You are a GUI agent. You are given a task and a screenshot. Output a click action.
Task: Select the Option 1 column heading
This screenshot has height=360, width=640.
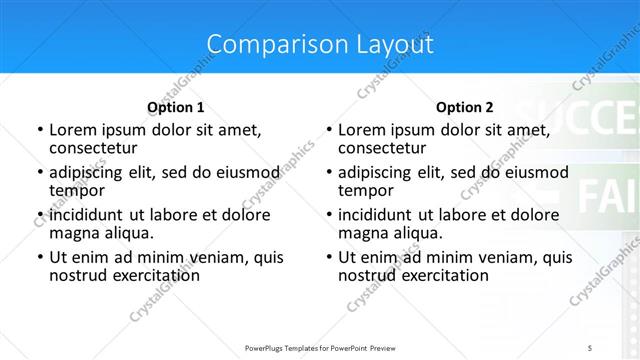coord(176,107)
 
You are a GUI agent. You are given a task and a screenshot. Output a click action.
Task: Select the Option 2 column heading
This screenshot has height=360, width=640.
coord(464,107)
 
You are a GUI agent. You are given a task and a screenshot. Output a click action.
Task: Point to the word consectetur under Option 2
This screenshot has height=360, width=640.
coord(382,148)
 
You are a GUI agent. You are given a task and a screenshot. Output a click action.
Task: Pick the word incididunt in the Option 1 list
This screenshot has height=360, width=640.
coord(89,215)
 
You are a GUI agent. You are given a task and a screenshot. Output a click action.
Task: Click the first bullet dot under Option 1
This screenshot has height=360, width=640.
coord(39,131)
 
